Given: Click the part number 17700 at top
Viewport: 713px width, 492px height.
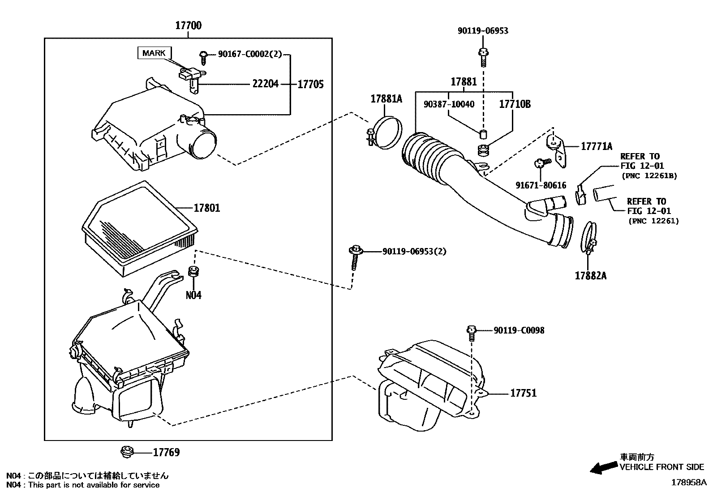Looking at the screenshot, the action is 189,26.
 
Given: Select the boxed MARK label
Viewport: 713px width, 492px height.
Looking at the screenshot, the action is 154,53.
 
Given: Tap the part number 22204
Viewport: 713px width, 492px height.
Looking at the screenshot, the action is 266,84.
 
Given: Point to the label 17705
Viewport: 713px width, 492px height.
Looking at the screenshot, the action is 311,84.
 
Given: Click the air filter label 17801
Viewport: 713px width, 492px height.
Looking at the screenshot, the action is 207,208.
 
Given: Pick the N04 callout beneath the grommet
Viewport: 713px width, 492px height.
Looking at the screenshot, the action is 193,295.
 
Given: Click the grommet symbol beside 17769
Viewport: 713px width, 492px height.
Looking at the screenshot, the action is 127,452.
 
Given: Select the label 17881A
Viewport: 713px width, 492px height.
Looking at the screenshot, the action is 387,99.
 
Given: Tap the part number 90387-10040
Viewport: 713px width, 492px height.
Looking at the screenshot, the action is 449,104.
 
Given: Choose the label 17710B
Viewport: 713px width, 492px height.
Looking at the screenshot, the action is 515,104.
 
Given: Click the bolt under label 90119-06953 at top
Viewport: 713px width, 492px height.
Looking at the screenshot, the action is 483,57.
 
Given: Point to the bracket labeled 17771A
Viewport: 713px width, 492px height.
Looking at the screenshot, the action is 557,151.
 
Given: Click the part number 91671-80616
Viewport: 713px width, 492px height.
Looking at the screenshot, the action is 541,185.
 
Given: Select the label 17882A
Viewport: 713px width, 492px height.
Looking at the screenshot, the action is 591,276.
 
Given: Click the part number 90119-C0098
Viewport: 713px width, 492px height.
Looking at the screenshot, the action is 519,330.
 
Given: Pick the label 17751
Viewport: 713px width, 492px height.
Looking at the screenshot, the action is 524,393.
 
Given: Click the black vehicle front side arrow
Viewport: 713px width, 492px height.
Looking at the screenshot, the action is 604,467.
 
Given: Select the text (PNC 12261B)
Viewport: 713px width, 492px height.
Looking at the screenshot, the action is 649,175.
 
